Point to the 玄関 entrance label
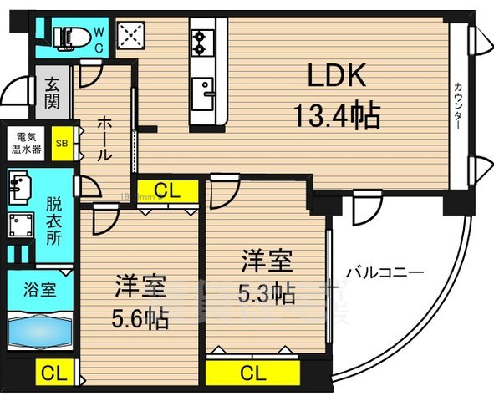click(52, 93)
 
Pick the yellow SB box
click(62, 141)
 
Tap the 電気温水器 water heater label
click(25, 141)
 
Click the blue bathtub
click(40, 332)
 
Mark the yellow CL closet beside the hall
click(168, 191)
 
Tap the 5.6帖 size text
click(140, 317)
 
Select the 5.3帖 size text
click(267, 293)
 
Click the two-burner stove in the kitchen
click(203, 38)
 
